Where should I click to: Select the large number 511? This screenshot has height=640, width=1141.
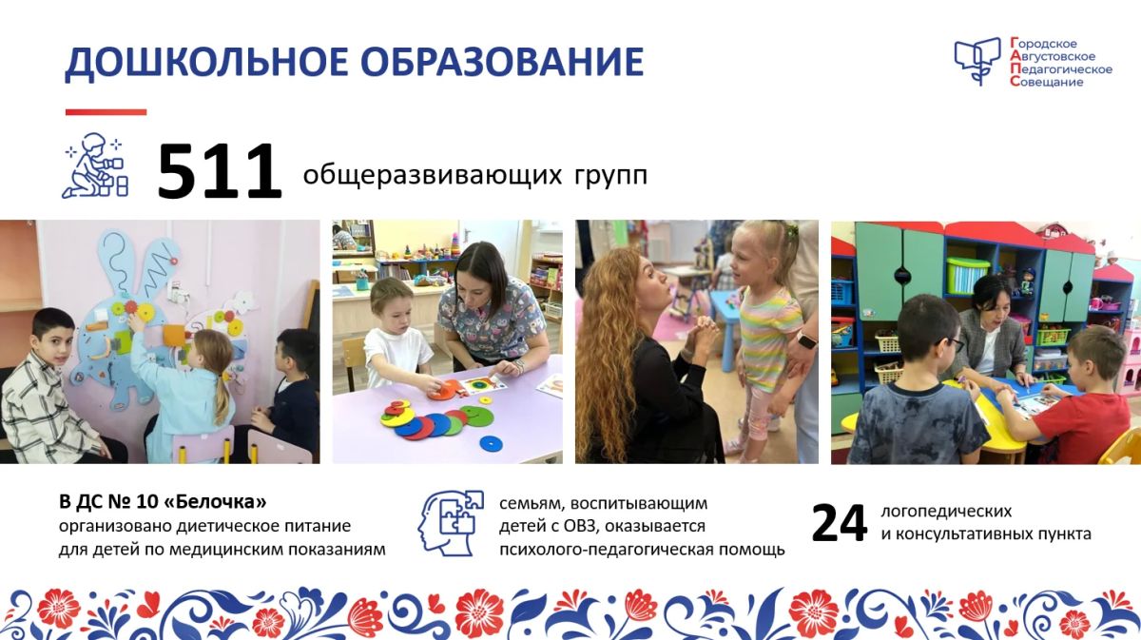pyautogui.click(x=220, y=172)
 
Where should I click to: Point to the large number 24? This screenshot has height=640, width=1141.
pyautogui.click(x=839, y=523)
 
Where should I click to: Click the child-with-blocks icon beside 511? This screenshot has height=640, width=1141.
pyautogui.click(x=95, y=165)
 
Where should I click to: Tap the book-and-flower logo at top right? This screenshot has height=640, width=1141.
pyautogui.click(x=977, y=61)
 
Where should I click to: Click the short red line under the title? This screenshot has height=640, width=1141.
pyautogui.click(x=106, y=112)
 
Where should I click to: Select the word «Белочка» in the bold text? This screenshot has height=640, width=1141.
pyautogui.click(x=216, y=502)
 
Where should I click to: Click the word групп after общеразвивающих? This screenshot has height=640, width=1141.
pyautogui.click(x=611, y=176)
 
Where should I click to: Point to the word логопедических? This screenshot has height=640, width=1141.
pyautogui.click(x=946, y=512)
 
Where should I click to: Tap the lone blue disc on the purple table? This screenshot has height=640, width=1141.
pyautogui.click(x=491, y=443)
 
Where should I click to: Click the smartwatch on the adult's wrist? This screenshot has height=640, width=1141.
pyautogui.click(x=806, y=339)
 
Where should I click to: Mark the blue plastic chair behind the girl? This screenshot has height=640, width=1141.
pyautogui.click(x=725, y=326)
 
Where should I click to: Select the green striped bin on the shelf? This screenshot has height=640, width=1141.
pyautogui.click(x=968, y=275)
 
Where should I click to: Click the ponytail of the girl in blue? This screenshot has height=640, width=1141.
pyautogui.click(x=222, y=398)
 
